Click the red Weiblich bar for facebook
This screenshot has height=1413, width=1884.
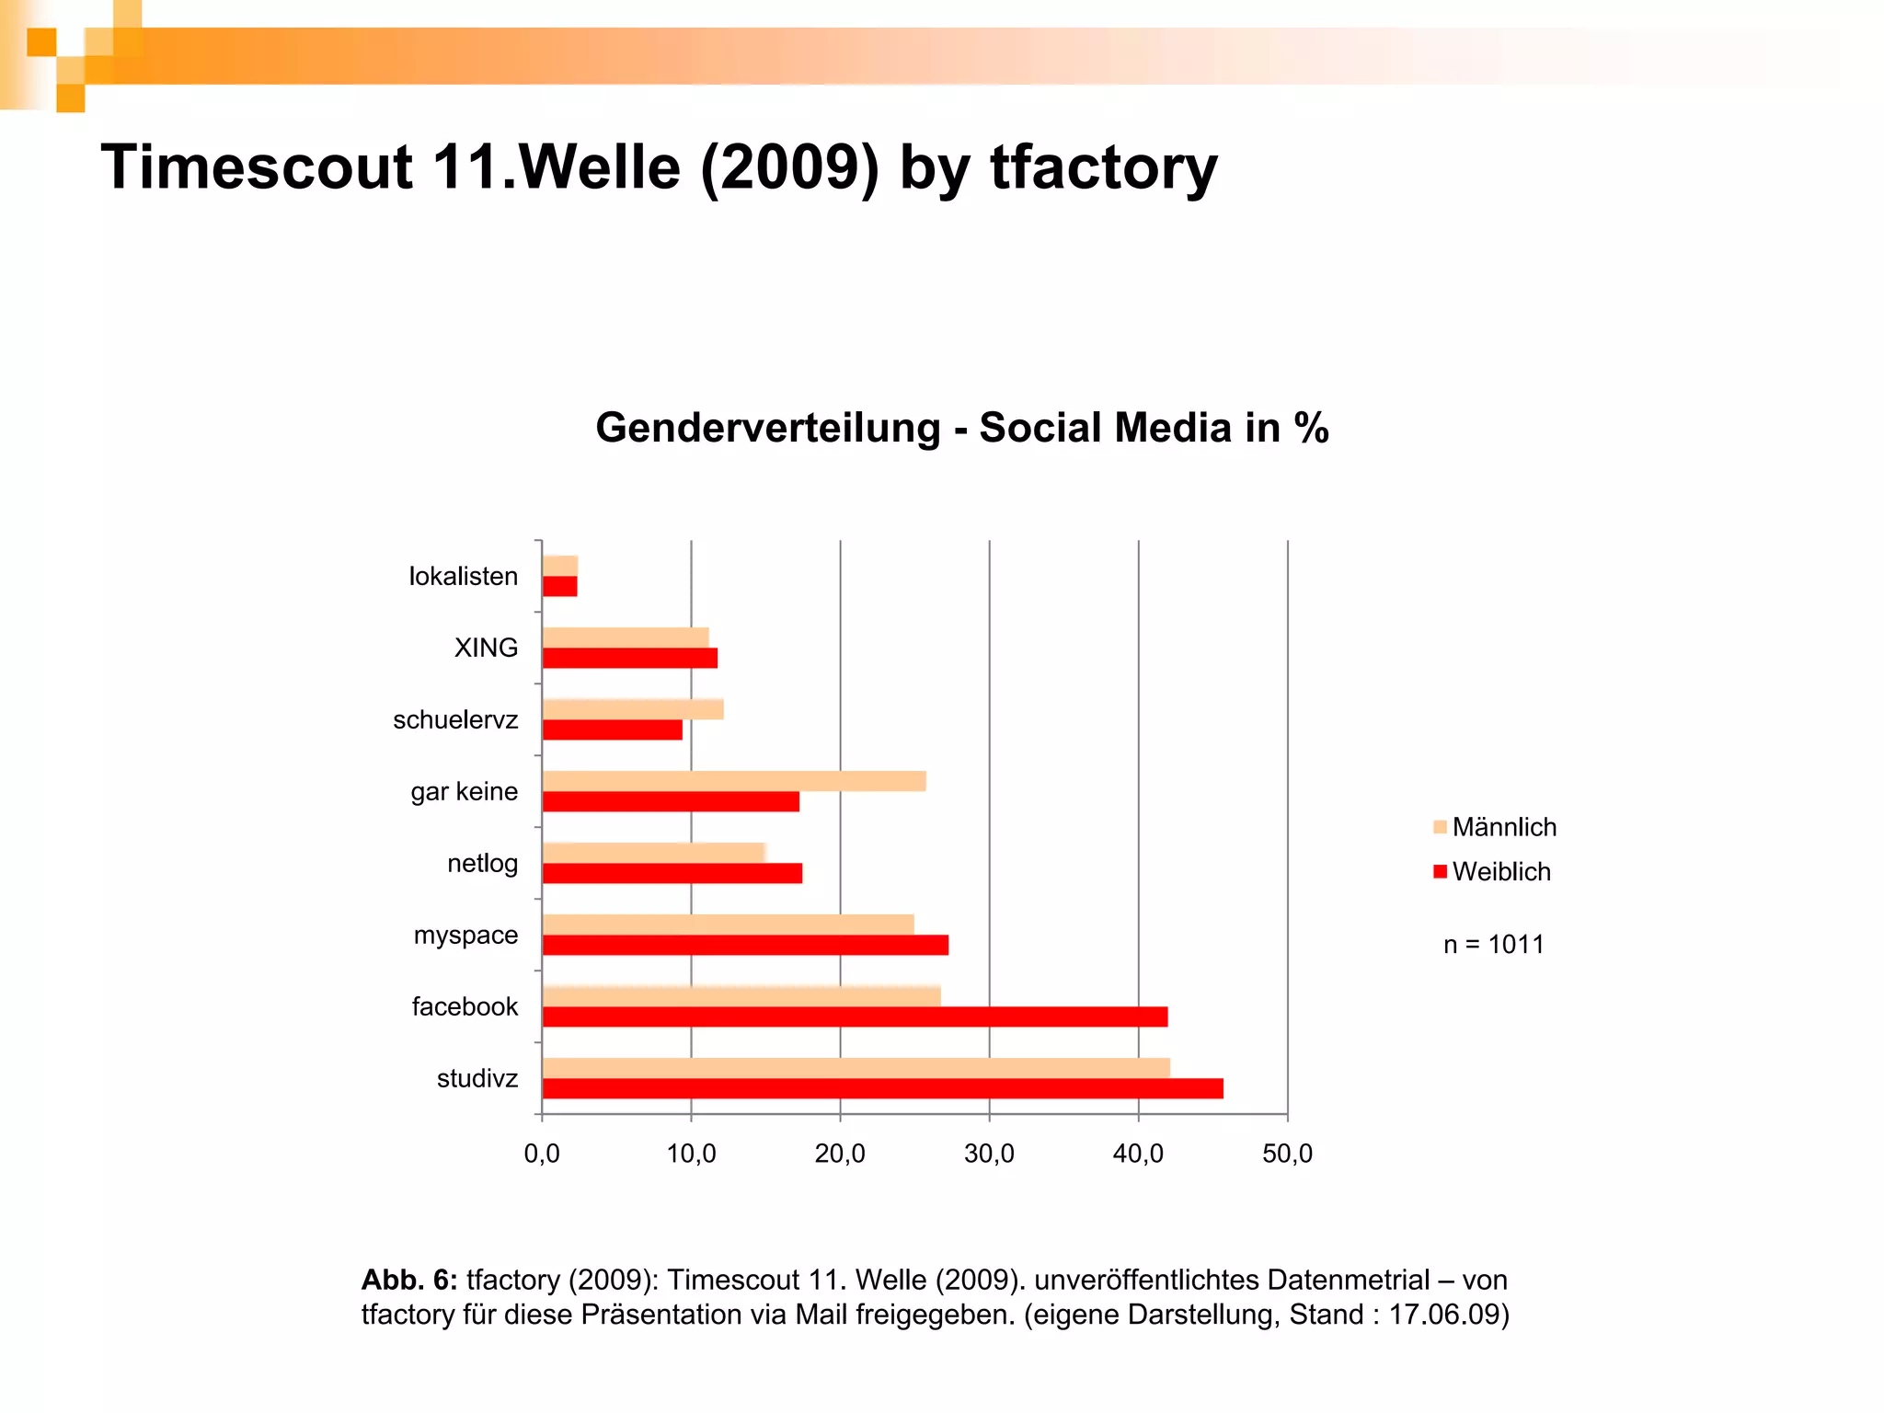point(855,1017)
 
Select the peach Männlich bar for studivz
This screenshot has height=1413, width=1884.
point(856,1067)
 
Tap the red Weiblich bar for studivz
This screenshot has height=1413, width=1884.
point(882,1088)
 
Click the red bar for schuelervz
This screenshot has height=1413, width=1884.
point(613,729)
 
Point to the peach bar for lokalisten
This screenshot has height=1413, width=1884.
point(560,566)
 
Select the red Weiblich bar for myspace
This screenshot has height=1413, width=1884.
point(745,945)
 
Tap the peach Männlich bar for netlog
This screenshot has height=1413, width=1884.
point(653,853)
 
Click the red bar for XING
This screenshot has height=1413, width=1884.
point(630,658)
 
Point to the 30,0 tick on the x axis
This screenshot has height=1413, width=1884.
point(989,1154)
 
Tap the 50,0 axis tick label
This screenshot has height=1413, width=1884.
point(1287,1154)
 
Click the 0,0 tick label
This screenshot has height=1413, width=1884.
point(542,1154)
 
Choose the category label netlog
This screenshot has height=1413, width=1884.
point(482,863)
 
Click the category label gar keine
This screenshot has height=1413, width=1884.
point(464,791)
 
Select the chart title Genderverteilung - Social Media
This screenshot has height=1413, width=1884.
point(961,428)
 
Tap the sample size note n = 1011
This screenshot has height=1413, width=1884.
point(1493,944)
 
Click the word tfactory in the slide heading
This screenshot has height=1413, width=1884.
point(1103,168)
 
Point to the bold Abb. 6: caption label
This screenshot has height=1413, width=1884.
point(408,1280)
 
